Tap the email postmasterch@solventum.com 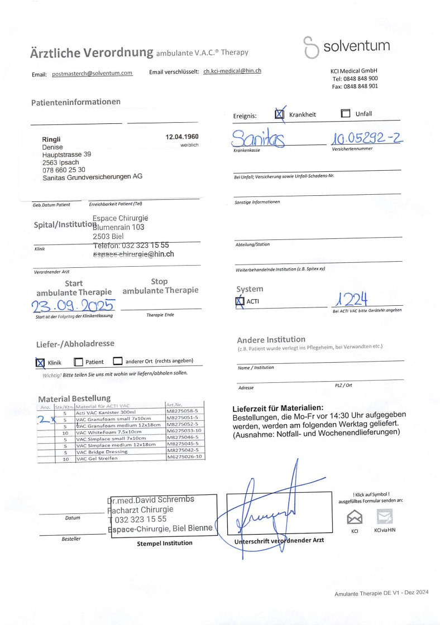[92, 74]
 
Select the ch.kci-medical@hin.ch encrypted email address [232, 71]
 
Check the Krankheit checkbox [280, 114]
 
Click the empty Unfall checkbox [345, 114]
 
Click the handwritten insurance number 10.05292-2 [366, 137]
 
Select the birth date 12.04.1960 [182, 137]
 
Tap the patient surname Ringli [51, 140]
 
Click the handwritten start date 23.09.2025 [73, 306]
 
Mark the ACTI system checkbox [241, 302]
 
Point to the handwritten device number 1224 [350, 300]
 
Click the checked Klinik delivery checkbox [40, 362]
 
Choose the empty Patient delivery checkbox [78, 362]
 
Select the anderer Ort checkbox [117, 361]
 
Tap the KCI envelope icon [355, 517]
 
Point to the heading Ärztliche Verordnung [92, 53]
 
